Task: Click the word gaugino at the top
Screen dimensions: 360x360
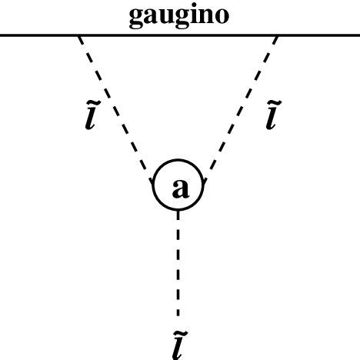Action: click(178, 16)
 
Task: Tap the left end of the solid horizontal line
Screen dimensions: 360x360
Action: click(2, 35)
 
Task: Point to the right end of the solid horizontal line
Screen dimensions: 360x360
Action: click(358, 35)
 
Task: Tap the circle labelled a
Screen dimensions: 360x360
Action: click(179, 187)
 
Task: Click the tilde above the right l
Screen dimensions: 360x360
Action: click(272, 103)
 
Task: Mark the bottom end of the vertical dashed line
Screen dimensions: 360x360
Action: click(178, 315)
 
